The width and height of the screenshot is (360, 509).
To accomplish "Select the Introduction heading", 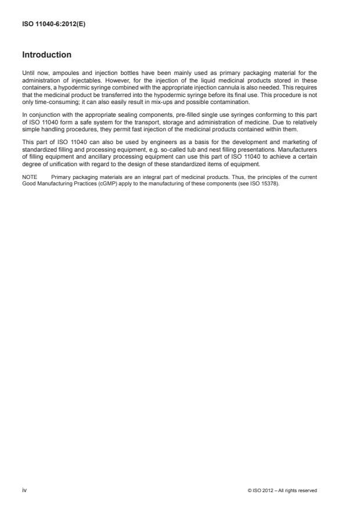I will [x=46, y=55].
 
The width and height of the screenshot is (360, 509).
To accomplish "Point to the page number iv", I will [x=24, y=490].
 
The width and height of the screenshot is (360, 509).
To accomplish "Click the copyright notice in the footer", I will [x=282, y=491].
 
